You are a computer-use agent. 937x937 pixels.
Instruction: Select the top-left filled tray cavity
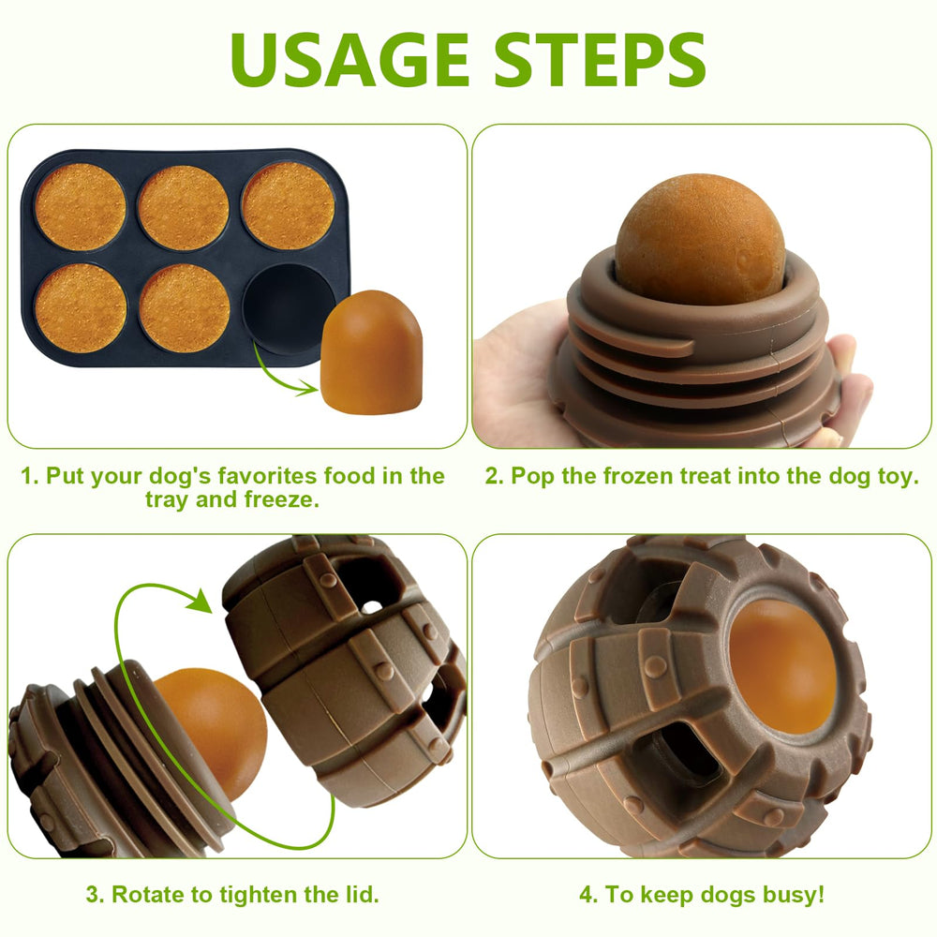(x=81, y=206)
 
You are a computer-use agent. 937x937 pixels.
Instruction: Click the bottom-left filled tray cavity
(x=81, y=307)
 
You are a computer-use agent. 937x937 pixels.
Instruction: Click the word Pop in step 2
(x=531, y=476)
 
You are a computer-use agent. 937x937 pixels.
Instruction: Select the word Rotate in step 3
(x=146, y=894)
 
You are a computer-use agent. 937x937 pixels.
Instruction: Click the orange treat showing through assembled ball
(x=782, y=665)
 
